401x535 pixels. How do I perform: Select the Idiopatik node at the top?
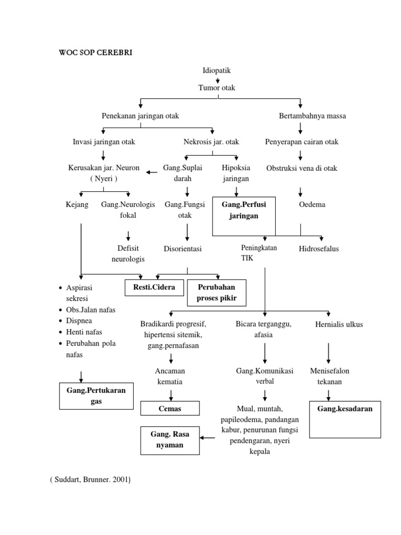pyautogui.click(x=217, y=70)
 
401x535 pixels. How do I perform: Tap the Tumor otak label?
pyautogui.click(x=217, y=88)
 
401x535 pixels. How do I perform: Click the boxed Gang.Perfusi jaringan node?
pyautogui.click(x=243, y=210)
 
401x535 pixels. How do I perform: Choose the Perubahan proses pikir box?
pyautogui.click(x=216, y=293)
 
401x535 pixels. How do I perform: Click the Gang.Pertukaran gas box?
pyautogui.click(x=96, y=396)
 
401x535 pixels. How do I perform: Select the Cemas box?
pyautogui.click(x=170, y=409)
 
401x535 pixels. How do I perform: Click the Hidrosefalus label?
pyautogui.click(x=319, y=249)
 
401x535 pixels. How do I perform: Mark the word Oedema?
pyautogui.click(x=312, y=204)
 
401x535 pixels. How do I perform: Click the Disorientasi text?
pyautogui.click(x=182, y=249)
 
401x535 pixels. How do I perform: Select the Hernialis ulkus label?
pyautogui.click(x=339, y=324)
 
